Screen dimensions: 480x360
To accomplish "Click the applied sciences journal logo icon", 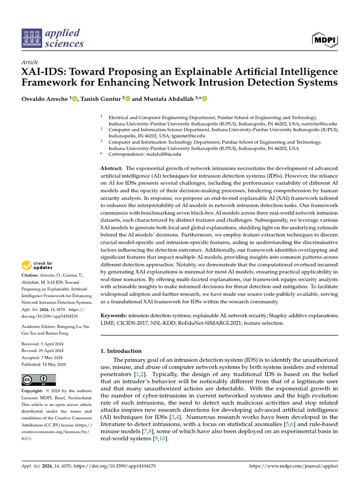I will [31, 39].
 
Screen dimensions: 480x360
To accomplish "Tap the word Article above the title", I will [30, 62].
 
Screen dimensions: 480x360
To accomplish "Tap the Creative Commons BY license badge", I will [38, 380].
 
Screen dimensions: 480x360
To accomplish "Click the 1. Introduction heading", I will [121, 351].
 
